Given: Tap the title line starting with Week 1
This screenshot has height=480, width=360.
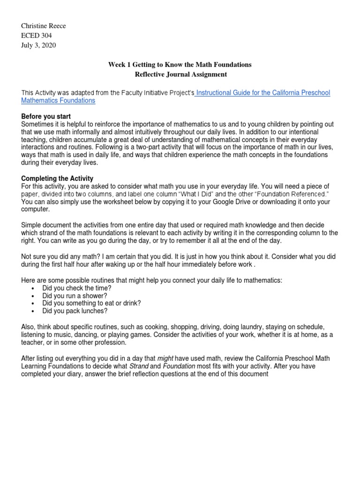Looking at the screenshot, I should [x=180, y=65].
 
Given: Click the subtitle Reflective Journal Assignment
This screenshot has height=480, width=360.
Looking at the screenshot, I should [x=180, y=74].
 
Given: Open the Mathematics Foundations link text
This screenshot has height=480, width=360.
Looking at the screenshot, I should [x=58, y=100].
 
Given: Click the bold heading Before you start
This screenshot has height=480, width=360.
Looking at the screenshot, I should [x=46, y=116].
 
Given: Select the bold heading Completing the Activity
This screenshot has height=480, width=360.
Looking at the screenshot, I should [x=57, y=179].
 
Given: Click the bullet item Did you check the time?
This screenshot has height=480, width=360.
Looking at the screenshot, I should [x=74, y=288].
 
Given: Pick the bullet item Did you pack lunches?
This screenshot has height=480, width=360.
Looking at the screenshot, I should [x=75, y=310].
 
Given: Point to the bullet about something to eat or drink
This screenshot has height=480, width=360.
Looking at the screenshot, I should [x=91, y=303].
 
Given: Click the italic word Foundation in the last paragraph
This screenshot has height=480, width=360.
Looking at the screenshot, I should [x=179, y=366].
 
